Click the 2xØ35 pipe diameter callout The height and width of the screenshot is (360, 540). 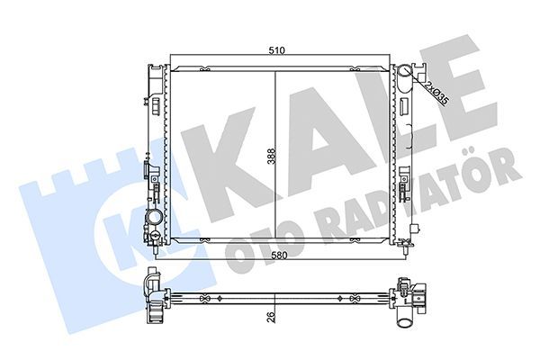point(436,91)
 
